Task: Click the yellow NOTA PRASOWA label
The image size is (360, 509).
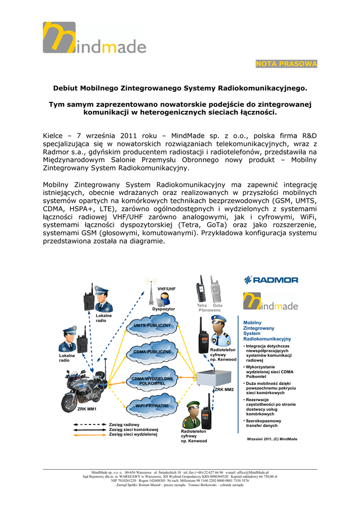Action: tap(286, 64)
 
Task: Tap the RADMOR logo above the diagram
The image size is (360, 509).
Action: tap(270, 280)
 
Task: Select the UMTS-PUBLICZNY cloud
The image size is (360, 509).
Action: tap(152, 327)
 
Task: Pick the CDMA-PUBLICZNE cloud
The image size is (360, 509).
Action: tap(152, 352)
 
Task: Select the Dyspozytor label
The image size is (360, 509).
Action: tap(164, 309)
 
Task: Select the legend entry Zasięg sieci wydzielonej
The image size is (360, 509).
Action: tap(133, 434)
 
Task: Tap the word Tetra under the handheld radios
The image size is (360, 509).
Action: tap(201, 305)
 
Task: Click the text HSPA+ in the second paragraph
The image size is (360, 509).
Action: tap(76, 209)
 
